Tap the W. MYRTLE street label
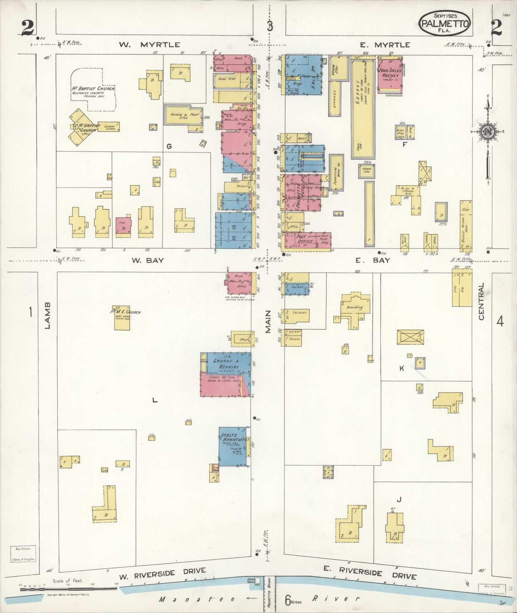(x=149, y=45)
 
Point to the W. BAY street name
(x=147, y=260)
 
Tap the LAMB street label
(x=48, y=315)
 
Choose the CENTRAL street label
(x=481, y=301)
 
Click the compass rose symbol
(x=487, y=131)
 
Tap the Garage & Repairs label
(x=225, y=364)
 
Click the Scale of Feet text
(x=68, y=580)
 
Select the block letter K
(x=402, y=368)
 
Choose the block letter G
(x=169, y=146)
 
